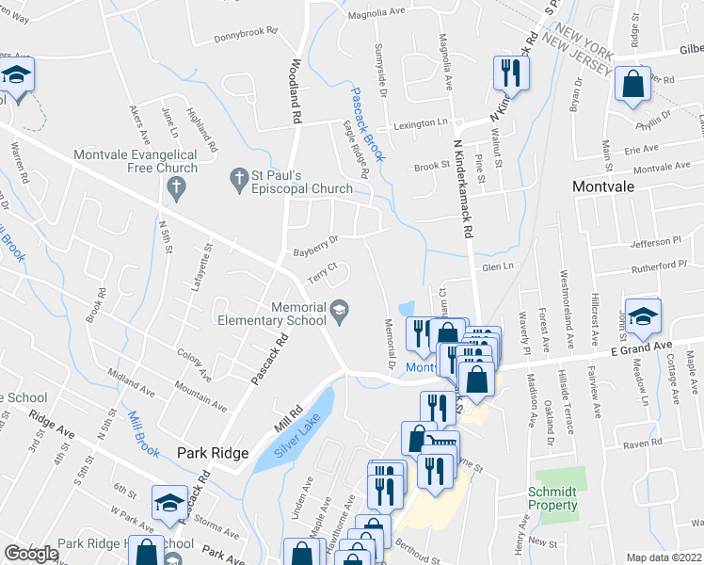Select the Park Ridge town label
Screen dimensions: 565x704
pyautogui.click(x=213, y=453)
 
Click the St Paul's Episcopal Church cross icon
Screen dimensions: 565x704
pyautogui.click(x=237, y=176)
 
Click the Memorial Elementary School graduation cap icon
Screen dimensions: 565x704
pyautogui.click(x=339, y=308)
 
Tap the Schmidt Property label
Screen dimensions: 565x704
pyautogui.click(x=552, y=498)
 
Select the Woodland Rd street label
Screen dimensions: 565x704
pyautogui.click(x=296, y=91)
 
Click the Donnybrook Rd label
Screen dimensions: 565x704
pyautogui.click(x=246, y=33)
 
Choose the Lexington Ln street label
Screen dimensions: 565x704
pyautogui.click(x=420, y=123)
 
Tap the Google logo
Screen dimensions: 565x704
pyautogui.click(x=32, y=554)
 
